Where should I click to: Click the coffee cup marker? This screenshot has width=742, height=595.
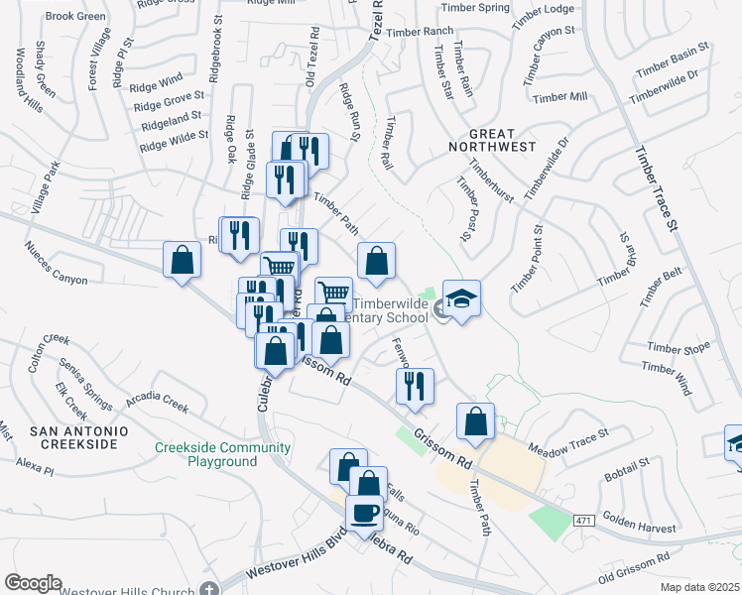[x=364, y=512]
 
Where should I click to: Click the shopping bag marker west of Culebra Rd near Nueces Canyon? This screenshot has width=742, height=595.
[x=183, y=261]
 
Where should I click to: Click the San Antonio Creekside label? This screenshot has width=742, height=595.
[x=78, y=437]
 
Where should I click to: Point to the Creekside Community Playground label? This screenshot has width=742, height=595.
[x=222, y=454]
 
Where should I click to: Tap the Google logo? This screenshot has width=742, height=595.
[x=33, y=583]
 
